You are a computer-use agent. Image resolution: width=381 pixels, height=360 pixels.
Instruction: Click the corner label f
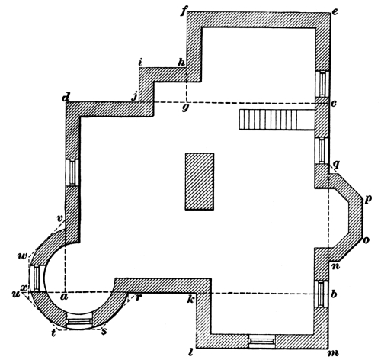(183, 11)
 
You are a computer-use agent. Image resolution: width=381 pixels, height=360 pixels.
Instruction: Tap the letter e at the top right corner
(335, 12)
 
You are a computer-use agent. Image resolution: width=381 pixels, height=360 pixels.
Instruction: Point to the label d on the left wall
(66, 97)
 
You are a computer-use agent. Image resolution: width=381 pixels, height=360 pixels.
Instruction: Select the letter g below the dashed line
(186, 108)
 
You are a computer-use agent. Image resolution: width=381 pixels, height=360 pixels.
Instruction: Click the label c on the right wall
(334, 104)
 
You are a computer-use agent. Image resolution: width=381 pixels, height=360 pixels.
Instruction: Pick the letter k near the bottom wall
(191, 299)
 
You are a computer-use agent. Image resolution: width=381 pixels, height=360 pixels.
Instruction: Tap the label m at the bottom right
(334, 353)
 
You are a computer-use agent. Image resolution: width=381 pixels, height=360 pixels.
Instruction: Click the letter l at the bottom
(191, 352)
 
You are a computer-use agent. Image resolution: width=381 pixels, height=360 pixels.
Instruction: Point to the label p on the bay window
(368, 200)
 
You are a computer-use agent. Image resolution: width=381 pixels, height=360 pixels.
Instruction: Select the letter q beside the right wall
(337, 166)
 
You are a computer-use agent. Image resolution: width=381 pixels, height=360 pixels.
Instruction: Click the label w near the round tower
(23, 256)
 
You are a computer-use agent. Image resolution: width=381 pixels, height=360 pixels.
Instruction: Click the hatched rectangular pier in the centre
(200, 182)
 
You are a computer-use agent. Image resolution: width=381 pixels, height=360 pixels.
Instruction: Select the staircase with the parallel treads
(277, 120)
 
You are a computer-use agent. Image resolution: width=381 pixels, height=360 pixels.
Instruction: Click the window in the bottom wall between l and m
(262, 341)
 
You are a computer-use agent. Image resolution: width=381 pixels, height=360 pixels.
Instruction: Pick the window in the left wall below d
(73, 172)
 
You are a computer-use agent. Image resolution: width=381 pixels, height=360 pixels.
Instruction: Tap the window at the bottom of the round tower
(79, 323)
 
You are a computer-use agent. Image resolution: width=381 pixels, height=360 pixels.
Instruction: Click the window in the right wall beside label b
(322, 294)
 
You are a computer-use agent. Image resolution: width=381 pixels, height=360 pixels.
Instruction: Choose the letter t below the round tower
(54, 333)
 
